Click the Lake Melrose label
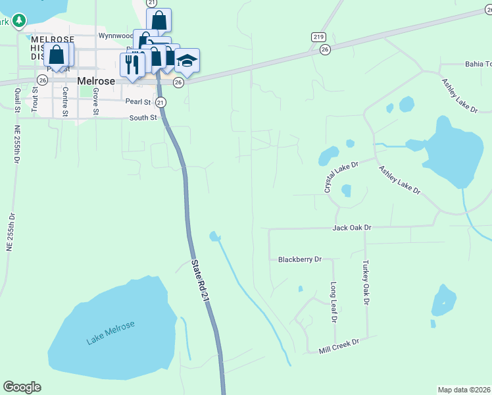pos(111,334)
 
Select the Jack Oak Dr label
pos(352,227)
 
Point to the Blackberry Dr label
pos(299,259)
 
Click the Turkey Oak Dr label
pos(366,282)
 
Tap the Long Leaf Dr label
pos(334,303)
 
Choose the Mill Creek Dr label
pos(339,343)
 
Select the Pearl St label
pos(138,102)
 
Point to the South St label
pos(143,118)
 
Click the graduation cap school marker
pos(187,61)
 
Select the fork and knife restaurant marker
pos(132,65)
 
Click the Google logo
pos(22,387)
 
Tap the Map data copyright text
pos(464,390)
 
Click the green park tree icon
pos(19,21)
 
